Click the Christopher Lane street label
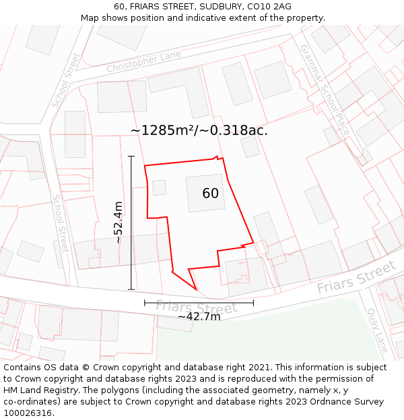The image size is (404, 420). [x=144, y=62]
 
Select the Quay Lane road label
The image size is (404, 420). [x=377, y=330]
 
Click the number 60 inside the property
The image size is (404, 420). [x=210, y=194]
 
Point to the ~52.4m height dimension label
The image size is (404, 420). [x=119, y=222]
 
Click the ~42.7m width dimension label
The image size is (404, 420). [x=199, y=316]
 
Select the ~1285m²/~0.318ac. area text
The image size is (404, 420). [x=199, y=130]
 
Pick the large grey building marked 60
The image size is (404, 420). [x=205, y=194]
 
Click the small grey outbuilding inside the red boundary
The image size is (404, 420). [x=159, y=187]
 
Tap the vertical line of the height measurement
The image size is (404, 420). [x=131, y=222]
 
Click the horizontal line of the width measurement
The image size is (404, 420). [x=199, y=303]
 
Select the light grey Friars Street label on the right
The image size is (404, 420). [x=356, y=278]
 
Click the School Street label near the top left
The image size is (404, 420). [x=65, y=81]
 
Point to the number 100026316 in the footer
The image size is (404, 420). [x=26, y=413]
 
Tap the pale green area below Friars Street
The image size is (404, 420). [x=269, y=336]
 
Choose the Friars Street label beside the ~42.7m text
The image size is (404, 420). [x=197, y=308]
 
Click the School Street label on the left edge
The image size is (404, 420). [x=61, y=224]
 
